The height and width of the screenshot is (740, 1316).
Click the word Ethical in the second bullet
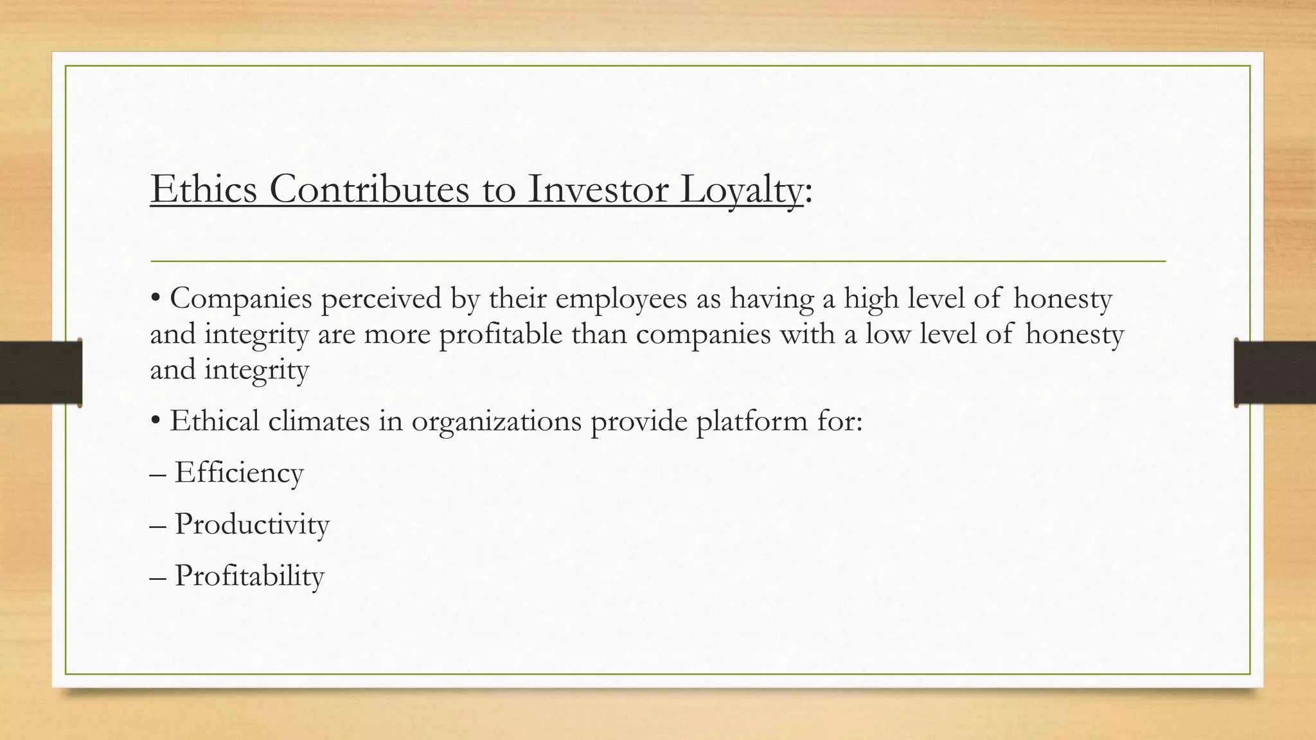pos(214,421)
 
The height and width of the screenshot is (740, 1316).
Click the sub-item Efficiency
pos(238,473)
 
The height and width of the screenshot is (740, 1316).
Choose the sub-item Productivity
pos(251,525)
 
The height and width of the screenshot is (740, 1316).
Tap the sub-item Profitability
pos(249,576)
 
